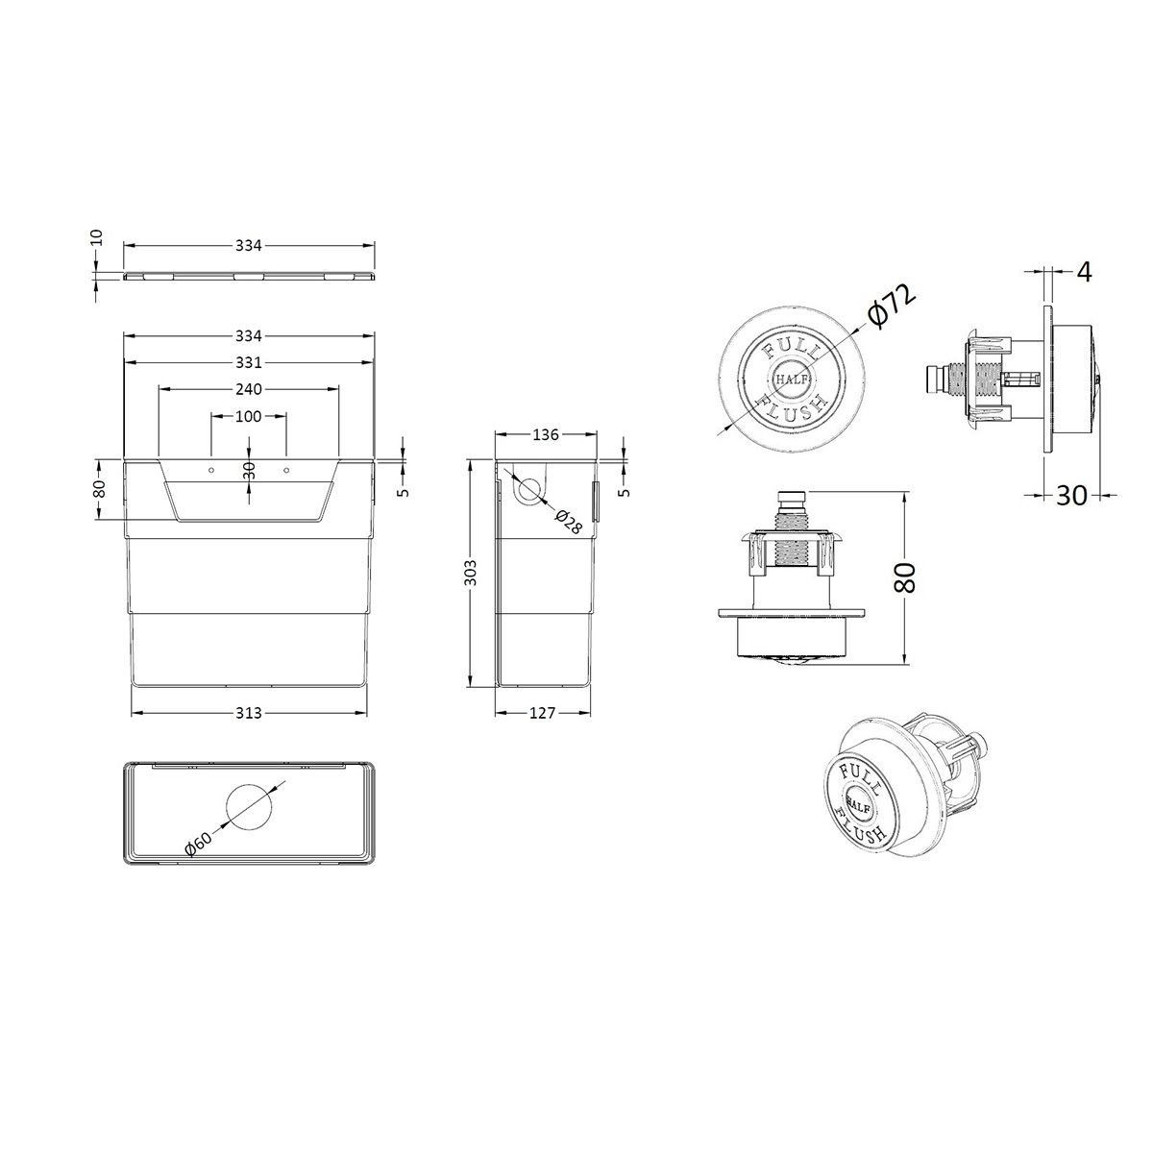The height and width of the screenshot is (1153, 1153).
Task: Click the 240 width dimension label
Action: [248, 389]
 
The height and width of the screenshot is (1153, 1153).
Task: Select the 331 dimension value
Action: [248, 362]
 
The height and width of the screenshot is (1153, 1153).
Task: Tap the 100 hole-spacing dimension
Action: [248, 416]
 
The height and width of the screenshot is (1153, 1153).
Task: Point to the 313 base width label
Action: [248, 713]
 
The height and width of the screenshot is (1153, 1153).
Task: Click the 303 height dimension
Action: [470, 572]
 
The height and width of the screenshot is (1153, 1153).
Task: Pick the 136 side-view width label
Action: [545, 435]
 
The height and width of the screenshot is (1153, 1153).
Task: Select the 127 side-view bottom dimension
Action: [542, 713]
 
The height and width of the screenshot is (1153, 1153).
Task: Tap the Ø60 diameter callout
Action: [199, 845]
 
